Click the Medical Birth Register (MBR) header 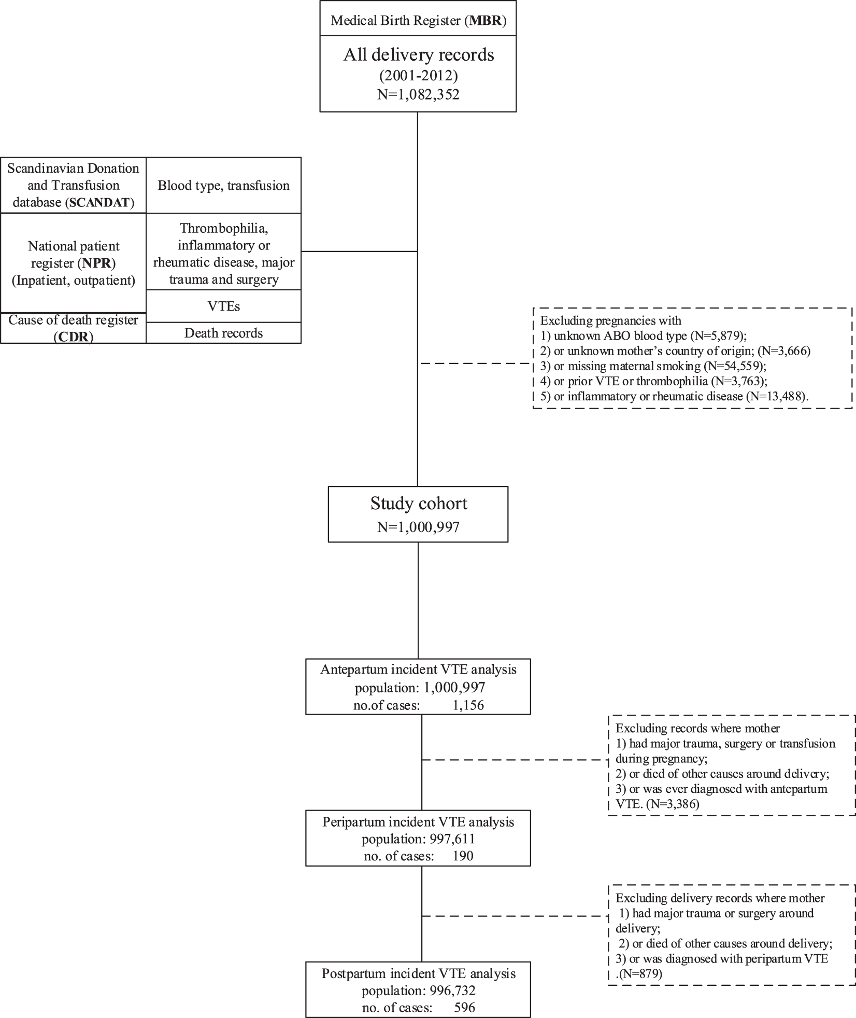click(418, 21)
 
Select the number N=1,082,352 click(418, 95)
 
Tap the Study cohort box click(418, 514)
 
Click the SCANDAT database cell click(73, 185)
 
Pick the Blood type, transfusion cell click(223, 186)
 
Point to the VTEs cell click(223, 306)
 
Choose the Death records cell click(223, 333)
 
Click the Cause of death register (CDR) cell click(73, 328)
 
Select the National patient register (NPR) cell click(73, 263)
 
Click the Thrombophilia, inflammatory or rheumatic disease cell click(223, 254)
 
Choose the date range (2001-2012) click(418, 76)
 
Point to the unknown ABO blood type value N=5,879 click(718, 336)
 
